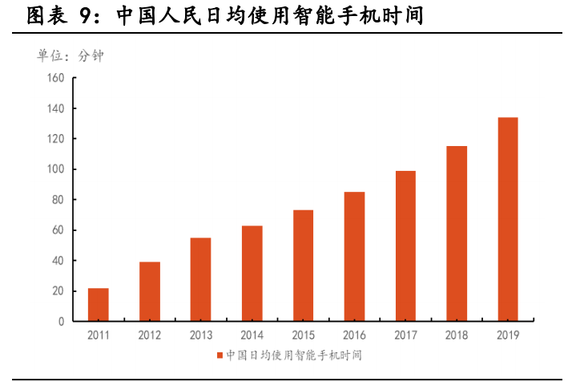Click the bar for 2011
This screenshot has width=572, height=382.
pyautogui.click(x=98, y=305)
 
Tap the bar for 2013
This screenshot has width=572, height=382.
pyautogui.click(x=200, y=279)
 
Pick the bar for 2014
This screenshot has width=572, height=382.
pyautogui.click(x=252, y=274)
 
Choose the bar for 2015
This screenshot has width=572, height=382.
pyautogui.click(x=303, y=266)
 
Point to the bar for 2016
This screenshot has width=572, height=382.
pyautogui.click(x=354, y=257)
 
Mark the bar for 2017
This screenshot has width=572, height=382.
pyautogui.click(x=405, y=246)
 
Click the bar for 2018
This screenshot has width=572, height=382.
pyautogui.click(x=457, y=234)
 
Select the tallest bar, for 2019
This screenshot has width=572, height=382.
pyautogui.click(x=508, y=219)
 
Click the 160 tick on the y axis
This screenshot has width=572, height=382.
pyautogui.click(x=55, y=78)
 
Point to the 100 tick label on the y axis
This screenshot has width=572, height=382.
pyautogui.click(x=55, y=169)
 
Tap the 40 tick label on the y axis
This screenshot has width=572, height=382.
pyautogui.click(x=58, y=261)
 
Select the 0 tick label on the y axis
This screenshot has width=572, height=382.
pyautogui.click(x=61, y=322)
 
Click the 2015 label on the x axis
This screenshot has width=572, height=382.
pyautogui.click(x=303, y=335)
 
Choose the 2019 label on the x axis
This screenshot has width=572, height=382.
pyautogui.click(x=508, y=335)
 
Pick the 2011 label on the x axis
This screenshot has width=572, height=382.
pyautogui.click(x=98, y=335)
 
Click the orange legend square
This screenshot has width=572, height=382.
pyautogui.click(x=220, y=356)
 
